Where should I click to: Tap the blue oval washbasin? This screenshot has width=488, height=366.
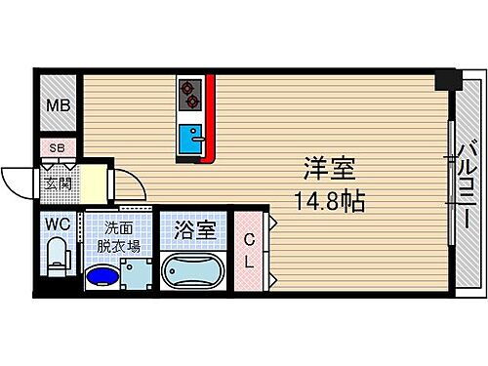(x=101, y=276)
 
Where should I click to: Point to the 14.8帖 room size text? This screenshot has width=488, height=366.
(x=330, y=203)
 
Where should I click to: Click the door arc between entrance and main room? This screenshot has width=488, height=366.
(x=125, y=183)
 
